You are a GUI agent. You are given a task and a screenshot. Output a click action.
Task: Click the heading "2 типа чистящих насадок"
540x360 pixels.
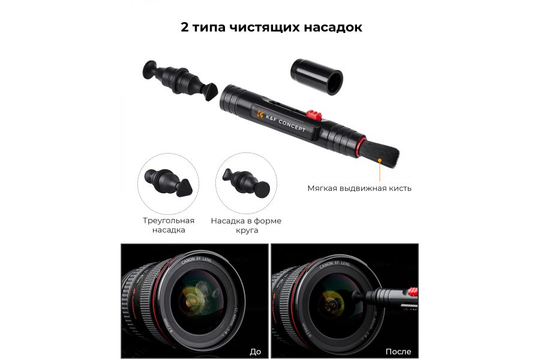271,28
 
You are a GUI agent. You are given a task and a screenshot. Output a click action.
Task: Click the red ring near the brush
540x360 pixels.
359,146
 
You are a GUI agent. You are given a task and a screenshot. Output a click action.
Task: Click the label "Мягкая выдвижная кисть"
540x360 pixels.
359,188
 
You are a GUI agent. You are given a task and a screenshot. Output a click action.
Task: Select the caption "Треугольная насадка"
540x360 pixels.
169,225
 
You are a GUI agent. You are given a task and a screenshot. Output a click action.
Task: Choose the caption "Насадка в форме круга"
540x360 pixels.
246,225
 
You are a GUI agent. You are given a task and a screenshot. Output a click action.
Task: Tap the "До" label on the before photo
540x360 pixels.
255,351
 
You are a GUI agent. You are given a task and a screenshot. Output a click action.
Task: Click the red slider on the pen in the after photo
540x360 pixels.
412,292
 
